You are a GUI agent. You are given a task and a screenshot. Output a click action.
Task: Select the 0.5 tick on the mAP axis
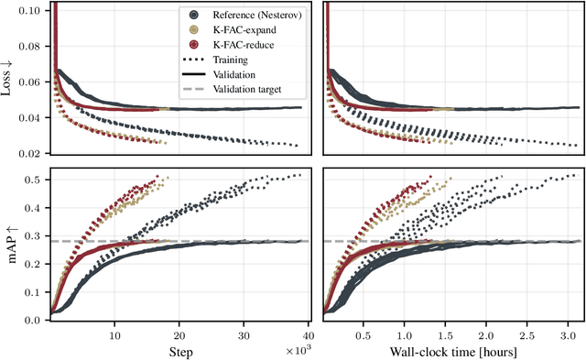click(36, 180)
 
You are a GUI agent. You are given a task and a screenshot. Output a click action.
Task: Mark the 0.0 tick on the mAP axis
click(36, 321)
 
